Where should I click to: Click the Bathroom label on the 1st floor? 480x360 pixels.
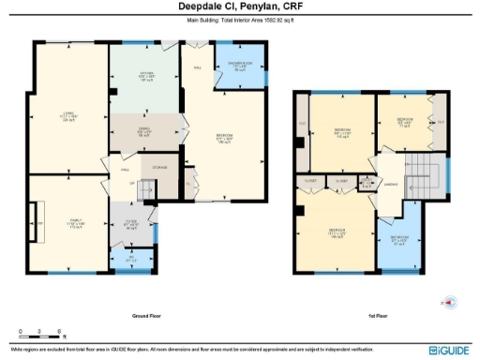[x=400, y=239]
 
